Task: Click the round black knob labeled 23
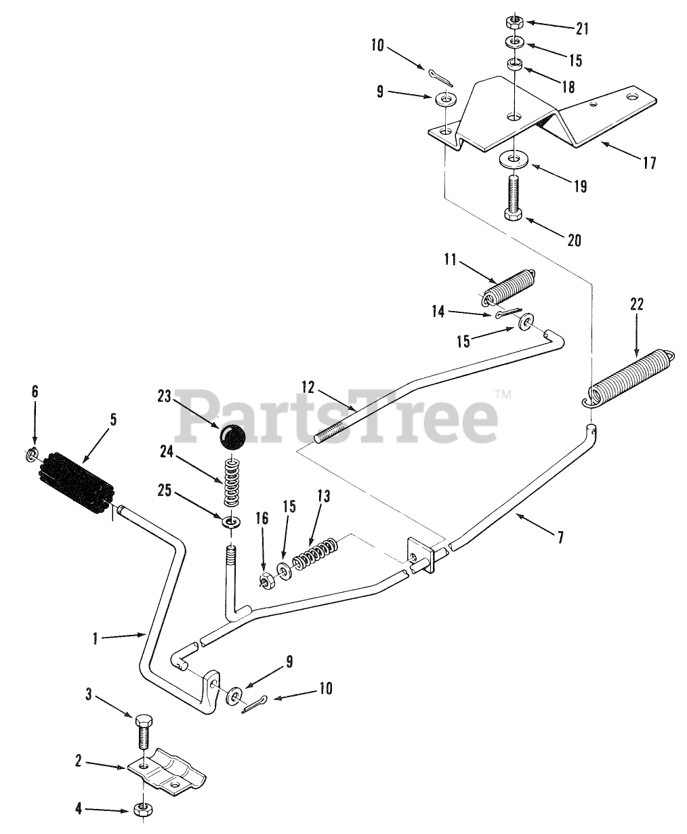pyautogui.click(x=232, y=437)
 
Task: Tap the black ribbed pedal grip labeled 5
pyautogui.click(x=76, y=480)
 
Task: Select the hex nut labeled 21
pyautogui.click(x=515, y=20)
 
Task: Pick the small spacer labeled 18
pyautogui.click(x=515, y=66)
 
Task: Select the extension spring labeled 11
pyautogui.click(x=509, y=287)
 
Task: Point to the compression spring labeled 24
pyautogui.click(x=232, y=481)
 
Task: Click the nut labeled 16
pyautogui.click(x=266, y=581)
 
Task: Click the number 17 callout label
pyautogui.click(x=649, y=163)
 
